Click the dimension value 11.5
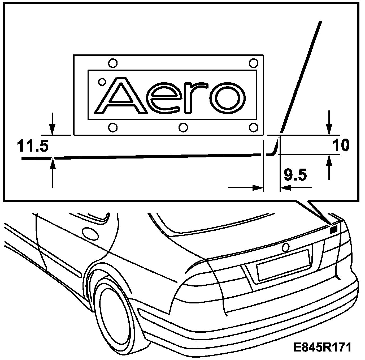(33, 147)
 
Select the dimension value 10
(341, 145)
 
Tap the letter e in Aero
(164, 98)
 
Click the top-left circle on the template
(113, 63)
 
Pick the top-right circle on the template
(253, 63)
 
